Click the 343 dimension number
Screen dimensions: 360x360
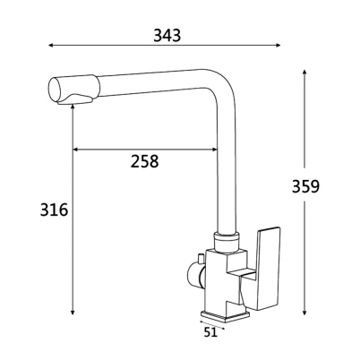pos(167,35)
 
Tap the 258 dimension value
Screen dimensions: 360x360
pos(144,161)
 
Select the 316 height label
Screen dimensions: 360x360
pos(54,210)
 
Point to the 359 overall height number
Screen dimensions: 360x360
pos(305,186)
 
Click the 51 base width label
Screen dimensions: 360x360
pos(210,332)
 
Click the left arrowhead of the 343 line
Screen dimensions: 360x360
pos(51,46)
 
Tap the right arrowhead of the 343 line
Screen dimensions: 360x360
pos(279,46)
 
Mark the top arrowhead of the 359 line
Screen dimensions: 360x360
pos(304,73)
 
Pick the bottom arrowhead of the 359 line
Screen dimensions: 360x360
pos(304,313)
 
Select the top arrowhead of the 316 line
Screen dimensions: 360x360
pos(73,107)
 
